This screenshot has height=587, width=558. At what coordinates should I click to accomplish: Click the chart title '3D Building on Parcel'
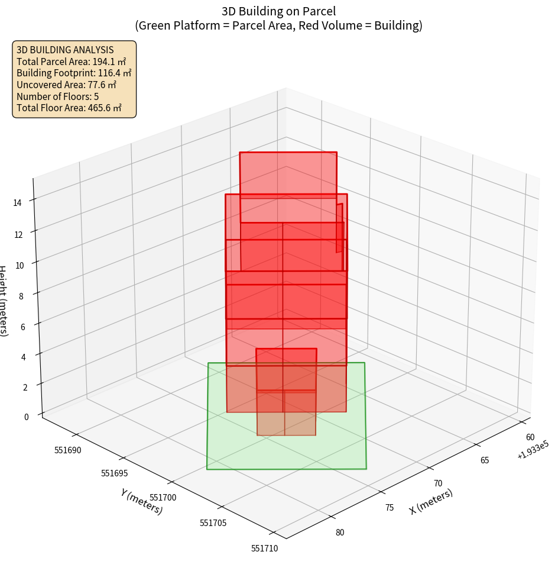click(x=278, y=11)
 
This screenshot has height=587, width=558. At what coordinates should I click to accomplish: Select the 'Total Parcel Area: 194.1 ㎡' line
click(x=72, y=62)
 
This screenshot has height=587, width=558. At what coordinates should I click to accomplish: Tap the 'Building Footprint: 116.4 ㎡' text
click(x=74, y=73)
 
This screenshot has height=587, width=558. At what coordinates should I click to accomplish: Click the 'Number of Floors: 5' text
click(x=58, y=96)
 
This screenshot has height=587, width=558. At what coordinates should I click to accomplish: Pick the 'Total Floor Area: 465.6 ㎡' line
click(x=69, y=108)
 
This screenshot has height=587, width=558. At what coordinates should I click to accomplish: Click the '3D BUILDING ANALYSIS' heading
click(x=65, y=50)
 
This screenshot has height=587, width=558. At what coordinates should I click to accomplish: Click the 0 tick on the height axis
click(x=26, y=417)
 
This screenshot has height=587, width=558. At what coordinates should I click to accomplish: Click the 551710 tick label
click(x=264, y=549)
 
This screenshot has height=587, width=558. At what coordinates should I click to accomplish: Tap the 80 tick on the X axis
click(x=340, y=532)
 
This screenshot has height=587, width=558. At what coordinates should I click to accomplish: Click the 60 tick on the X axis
click(x=531, y=437)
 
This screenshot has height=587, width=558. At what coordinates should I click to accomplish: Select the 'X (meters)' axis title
click(x=431, y=502)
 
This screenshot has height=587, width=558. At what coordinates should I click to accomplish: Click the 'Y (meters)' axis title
click(x=142, y=501)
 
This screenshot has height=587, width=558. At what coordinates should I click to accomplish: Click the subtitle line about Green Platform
click(x=278, y=25)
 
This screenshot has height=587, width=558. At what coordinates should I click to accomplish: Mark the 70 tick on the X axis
click(x=437, y=483)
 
